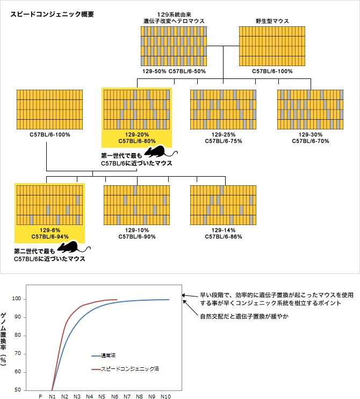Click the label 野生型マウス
pos(272,21)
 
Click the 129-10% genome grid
pos(136,205)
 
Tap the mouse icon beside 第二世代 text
pos(69,248)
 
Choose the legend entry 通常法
pos(109,356)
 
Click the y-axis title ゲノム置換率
pos(5,338)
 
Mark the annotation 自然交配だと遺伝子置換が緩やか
pos(244,316)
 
